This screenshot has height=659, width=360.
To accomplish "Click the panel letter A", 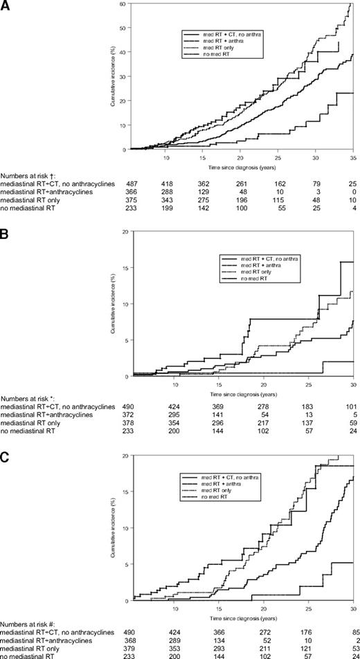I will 6,6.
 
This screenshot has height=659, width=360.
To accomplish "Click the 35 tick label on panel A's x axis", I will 353,157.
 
